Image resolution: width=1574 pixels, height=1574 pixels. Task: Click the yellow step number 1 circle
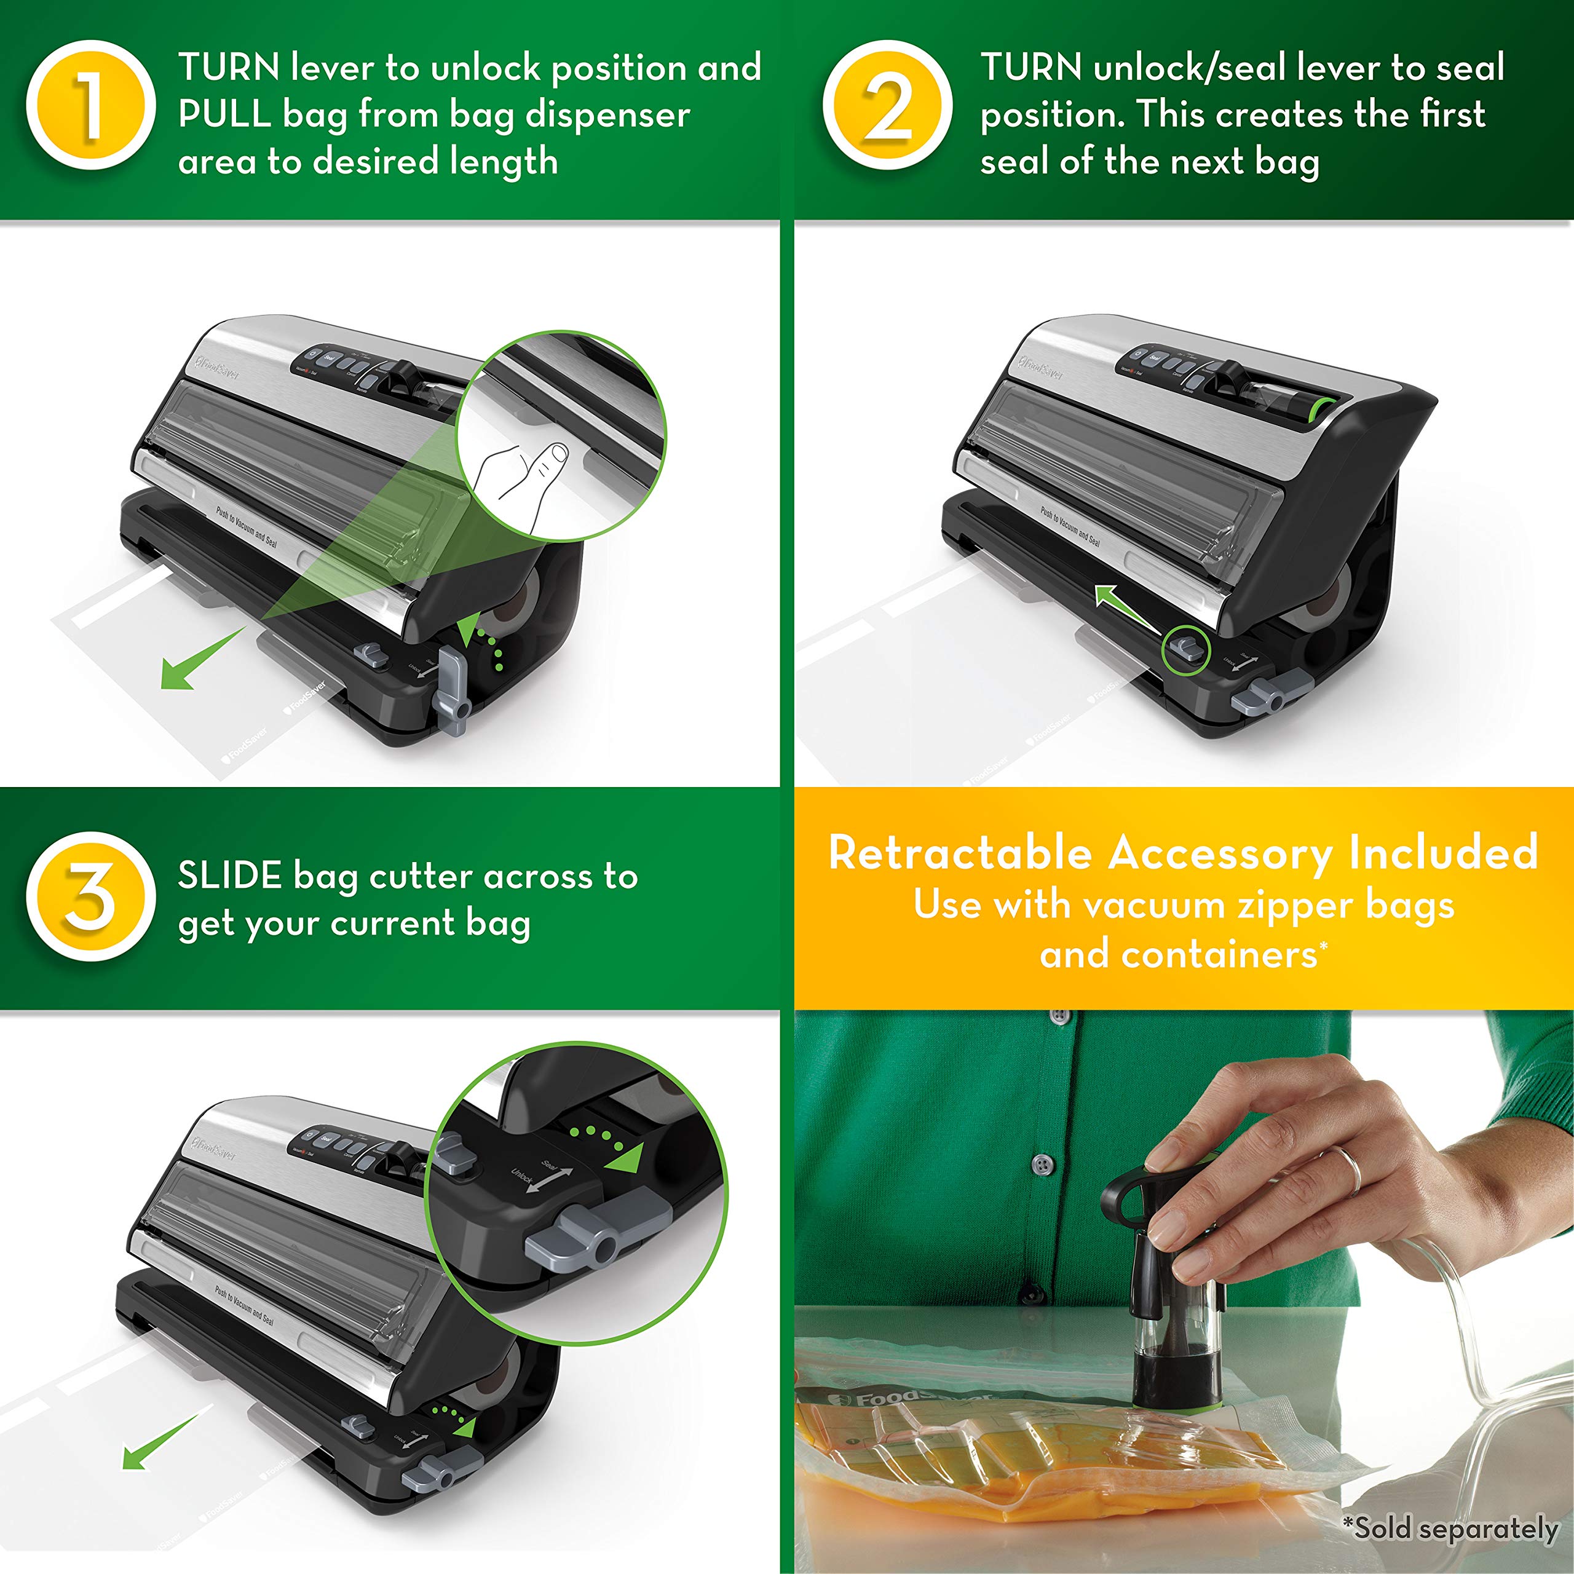pos(90,105)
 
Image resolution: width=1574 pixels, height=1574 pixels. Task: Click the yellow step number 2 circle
pos(887,105)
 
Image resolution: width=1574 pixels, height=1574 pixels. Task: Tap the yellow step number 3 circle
pos(90,896)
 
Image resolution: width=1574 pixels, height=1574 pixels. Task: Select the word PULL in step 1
pos(224,115)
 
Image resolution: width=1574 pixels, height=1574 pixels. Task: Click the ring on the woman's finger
pos(1348,1168)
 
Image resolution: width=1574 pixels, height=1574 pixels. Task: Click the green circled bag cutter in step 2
pos(1185,649)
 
